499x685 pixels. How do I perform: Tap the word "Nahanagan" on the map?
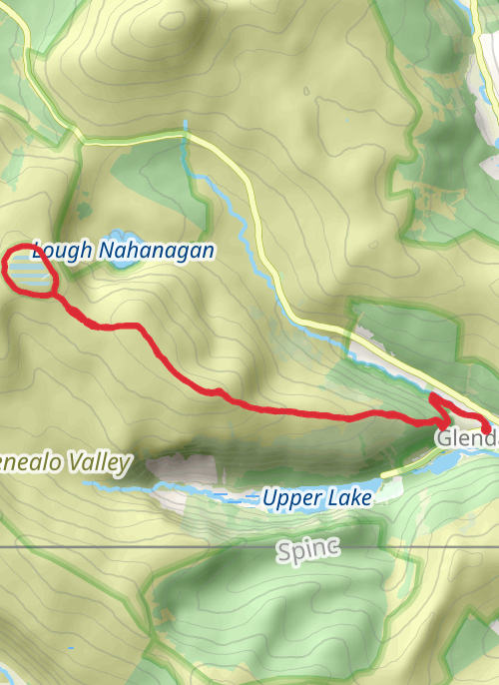(156, 250)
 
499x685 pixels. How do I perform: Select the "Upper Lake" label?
(316, 496)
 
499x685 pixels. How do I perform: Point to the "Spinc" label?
(308, 548)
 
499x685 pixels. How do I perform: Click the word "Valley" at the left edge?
(94, 461)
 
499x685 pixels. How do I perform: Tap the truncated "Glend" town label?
(465, 438)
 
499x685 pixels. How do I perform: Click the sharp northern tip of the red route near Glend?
(434, 397)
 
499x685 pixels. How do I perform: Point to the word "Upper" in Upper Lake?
(289, 496)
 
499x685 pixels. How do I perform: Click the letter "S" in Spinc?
(284, 548)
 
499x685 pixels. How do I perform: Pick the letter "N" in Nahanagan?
(106, 250)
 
